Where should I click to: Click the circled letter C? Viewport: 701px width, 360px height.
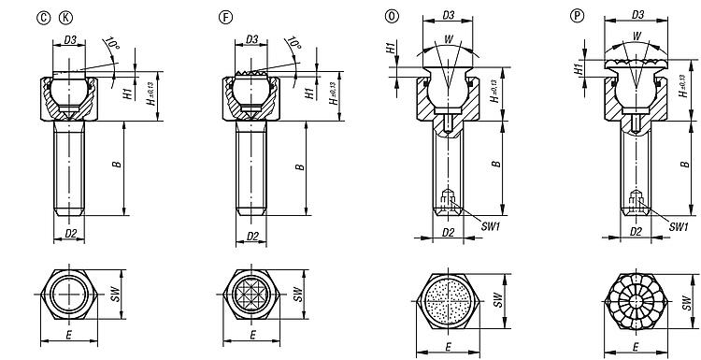coord(44,18)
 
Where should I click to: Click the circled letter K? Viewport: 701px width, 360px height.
coord(65,18)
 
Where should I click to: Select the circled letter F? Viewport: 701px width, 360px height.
coord(226,18)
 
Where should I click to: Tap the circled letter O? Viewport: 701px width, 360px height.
coord(392,17)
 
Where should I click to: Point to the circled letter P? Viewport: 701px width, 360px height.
coord(578,17)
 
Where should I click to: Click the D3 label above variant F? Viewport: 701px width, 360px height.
coord(252,39)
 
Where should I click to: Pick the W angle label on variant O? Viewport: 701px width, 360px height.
coord(449,39)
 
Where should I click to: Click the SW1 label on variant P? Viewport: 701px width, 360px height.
coord(679,226)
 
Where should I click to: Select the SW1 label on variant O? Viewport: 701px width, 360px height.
coord(491,226)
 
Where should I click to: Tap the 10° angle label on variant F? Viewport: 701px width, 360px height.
coord(293,43)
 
